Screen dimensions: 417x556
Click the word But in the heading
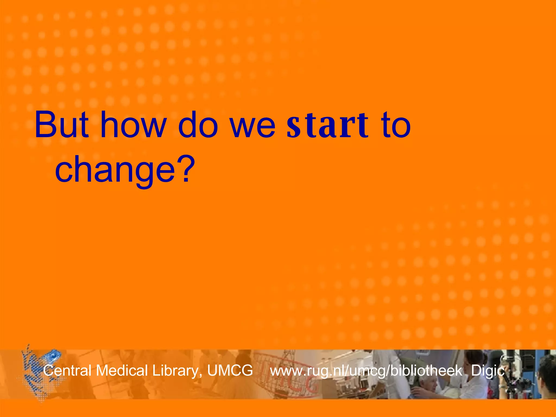(x=62, y=125)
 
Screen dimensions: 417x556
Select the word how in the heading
(x=133, y=125)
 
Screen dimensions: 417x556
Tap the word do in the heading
(x=198, y=125)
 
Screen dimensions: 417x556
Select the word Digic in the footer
(x=488, y=371)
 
